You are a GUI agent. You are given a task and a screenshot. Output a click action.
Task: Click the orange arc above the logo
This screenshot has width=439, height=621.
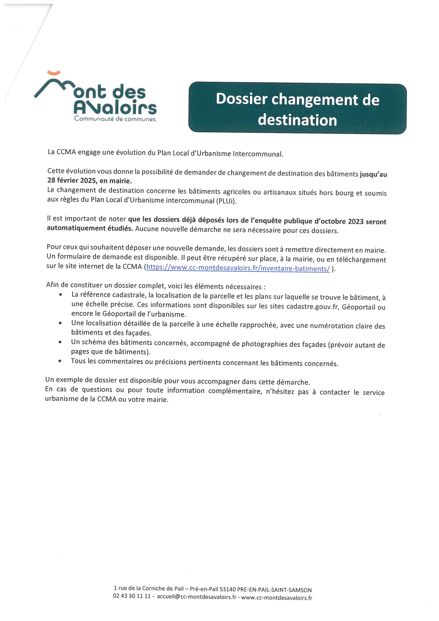pyautogui.click(x=54, y=72)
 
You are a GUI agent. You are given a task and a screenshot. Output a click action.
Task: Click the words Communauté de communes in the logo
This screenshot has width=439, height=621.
pyautogui.click(x=115, y=119)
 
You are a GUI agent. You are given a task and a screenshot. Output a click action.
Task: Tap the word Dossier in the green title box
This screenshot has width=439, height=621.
pyautogui.click(x=241, y=99)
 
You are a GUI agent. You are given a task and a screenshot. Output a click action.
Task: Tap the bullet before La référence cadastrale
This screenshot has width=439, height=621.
pyautogui.click(x=60, y=294)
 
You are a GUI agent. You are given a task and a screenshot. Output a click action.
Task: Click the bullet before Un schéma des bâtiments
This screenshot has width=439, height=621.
pyautogui.click(x=60, y=342)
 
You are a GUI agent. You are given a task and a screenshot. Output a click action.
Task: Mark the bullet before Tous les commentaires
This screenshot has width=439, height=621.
pyautogui.click(x=60, y=361)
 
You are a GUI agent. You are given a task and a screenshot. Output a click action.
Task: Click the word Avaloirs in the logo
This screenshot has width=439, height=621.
pyautogui.click(x=115, y=108)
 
